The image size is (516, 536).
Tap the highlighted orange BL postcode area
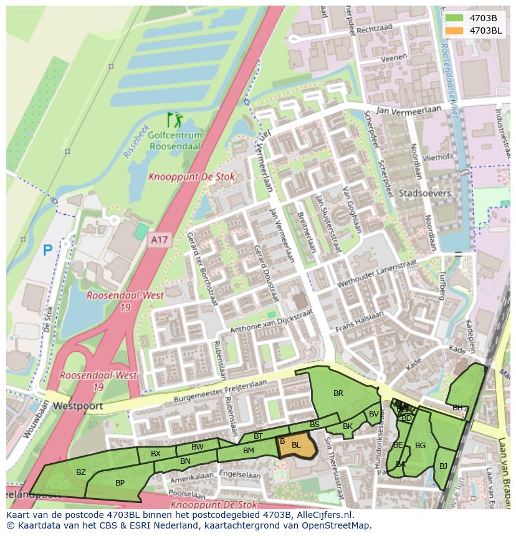tap(296, 445)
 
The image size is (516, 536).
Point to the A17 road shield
tap(159, 238)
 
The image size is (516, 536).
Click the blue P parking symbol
tap(47, 251)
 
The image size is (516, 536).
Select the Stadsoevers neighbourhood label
tap(424, 194)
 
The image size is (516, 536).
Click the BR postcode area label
tap(338, 393)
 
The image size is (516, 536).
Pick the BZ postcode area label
tap(81, 473)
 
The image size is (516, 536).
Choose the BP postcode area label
tap(120, 482)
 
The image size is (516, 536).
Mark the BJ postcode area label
tap(443, 466)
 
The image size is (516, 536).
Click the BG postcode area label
tap(420, 446)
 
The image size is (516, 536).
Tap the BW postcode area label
tap(197, 447)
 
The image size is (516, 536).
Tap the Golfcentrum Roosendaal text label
tap(175, 141)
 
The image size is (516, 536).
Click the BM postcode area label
tap(248, 451)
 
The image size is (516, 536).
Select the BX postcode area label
tap(156, 454)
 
